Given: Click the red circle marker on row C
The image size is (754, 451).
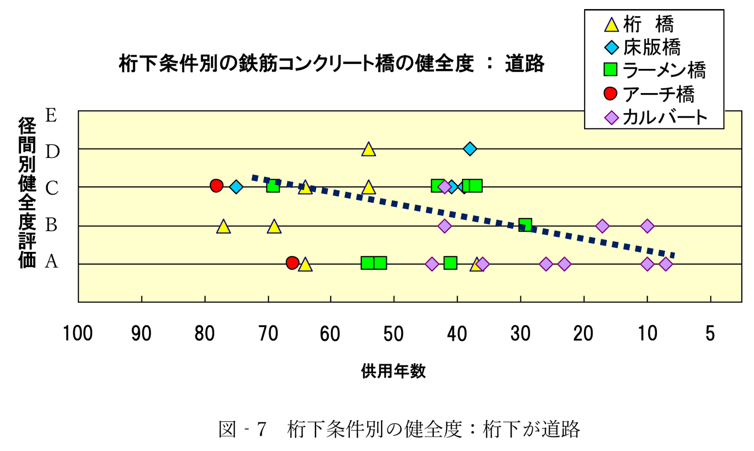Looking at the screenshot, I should click(216, 186).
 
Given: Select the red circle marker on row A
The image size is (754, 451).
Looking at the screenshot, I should click(293, 262).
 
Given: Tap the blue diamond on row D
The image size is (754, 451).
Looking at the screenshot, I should click(470, 149).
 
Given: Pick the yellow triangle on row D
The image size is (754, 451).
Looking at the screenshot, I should click(368, 149).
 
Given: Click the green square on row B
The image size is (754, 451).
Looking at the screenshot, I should click(525, 225).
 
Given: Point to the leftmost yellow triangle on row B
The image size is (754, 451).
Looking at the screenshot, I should click(224, 227).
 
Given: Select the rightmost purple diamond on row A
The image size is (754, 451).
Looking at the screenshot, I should click(666, 264).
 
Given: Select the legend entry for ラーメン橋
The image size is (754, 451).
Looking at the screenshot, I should click(656, 70).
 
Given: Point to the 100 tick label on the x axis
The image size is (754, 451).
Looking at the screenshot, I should click(77, 334).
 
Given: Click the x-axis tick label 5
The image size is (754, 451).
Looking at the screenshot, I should click(710, 334).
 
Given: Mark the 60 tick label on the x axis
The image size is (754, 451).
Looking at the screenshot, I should click(330, 334).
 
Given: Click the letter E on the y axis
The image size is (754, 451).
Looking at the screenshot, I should click(51, 116).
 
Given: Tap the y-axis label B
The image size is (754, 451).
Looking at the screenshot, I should click(51, 225).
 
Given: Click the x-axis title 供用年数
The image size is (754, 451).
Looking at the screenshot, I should click(393, 371).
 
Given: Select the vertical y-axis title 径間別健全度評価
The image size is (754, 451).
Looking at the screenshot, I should click(27, 193).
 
